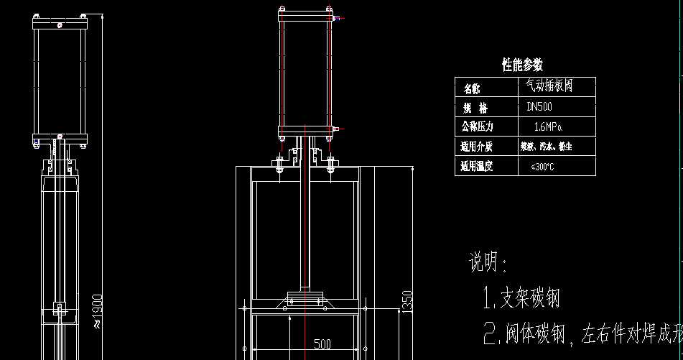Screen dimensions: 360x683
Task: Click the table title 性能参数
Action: pos(522,65)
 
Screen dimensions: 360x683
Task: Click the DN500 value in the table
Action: pos(539,107)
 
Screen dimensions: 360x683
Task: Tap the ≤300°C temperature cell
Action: pos(542,167)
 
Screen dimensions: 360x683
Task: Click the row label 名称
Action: pos(472,88)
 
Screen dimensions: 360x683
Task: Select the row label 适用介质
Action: pos(476,147)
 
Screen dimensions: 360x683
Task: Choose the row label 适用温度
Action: pos(476,167)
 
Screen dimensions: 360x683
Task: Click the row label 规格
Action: pos(475,108)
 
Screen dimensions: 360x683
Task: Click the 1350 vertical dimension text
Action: pos(406,303)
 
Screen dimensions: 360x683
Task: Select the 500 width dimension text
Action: pos(322,344)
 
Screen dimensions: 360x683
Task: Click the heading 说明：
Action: pos(488,263)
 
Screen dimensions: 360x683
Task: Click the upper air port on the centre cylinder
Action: pos(336,19)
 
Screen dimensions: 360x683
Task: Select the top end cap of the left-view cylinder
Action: pos(60,24)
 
